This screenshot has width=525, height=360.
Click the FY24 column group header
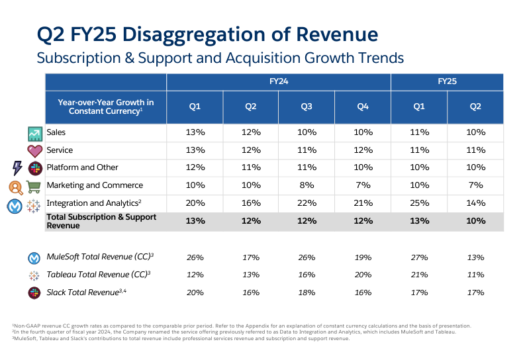pyautogui.click(x=279, y=81)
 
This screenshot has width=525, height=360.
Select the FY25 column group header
pyautogui.click(x=447, y=81)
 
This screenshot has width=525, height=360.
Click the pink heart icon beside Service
pyautogui.click(x=34, y=150)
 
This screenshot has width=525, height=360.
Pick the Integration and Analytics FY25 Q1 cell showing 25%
pyautogui.click(x=418, y=203)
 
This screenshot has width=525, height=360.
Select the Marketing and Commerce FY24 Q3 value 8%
pyautogui.click(x=307, y=185)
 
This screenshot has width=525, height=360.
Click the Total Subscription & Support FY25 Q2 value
pyautogui.click(x=475, y=221)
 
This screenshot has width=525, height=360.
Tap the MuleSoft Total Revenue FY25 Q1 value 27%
pyautogui.click(x=418, y=257)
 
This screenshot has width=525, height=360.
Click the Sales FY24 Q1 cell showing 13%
pyautogui.click(x=195, y=132)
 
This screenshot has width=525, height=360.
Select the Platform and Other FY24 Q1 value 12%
pyautogui.click(x=195, y=167)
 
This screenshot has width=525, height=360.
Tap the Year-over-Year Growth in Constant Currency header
pyautogui.click(x=105, y=107)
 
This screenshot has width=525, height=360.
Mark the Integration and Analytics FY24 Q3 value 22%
pyautogui.click(x=307, y=203)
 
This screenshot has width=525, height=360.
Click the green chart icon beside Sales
pyautogui.click(x=34, y=133)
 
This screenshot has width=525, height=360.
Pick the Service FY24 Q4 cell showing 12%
pyautogui.click(x=363, y=150)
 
